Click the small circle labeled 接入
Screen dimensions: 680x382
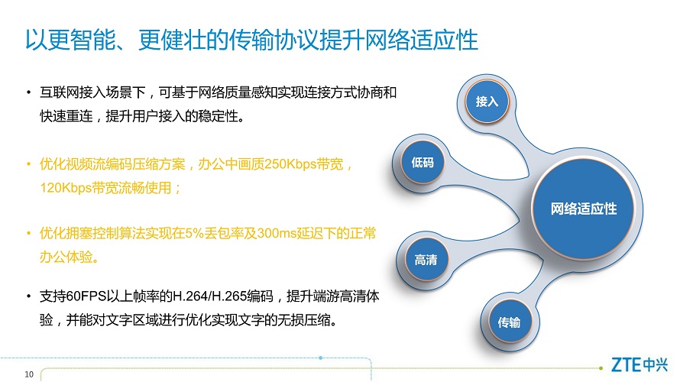[487, 102]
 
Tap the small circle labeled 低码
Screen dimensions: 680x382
[423, 163]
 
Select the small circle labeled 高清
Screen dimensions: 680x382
[426, 260]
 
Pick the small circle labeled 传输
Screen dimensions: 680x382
[509, 322]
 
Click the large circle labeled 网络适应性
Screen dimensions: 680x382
[583, 209]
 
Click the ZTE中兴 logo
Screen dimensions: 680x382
[640, 364]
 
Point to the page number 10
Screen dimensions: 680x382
[29, 374]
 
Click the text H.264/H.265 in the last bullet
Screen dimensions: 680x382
[210, 296]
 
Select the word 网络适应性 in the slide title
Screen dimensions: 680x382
[422, 40]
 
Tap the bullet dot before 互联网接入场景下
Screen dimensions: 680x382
[28, 92]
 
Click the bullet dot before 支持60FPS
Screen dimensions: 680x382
[28, 296]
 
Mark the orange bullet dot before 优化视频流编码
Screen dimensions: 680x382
[28, 164]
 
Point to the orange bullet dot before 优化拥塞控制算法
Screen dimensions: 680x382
[28, 233]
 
